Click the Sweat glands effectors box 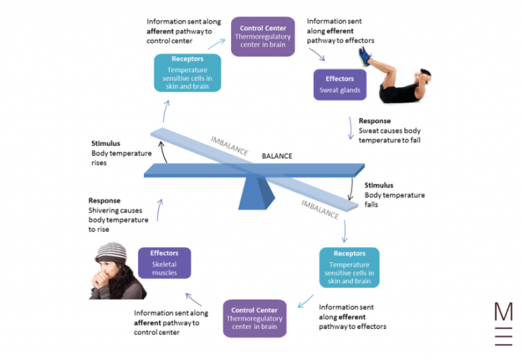point(341,84)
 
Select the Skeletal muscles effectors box point(164,263)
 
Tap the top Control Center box point(263,36)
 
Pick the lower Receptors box point(349,267)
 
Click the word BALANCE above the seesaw point(277,156)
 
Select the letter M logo point(504,312)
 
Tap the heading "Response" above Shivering point(104,201)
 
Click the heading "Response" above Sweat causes point(375,121)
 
